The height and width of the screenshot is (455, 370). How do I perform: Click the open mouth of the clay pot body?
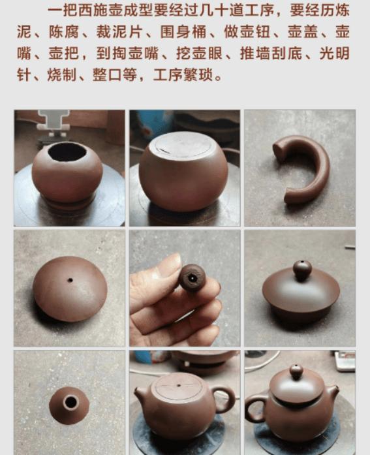[x=67, y=152]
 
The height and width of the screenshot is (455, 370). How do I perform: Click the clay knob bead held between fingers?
[x=192, y=277]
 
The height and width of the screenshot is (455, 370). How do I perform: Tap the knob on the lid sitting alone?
[x=301, y=269]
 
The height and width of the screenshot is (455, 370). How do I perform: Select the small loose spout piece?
[x=69, y=404]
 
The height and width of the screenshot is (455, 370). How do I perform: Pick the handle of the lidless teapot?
[x=225, y=399]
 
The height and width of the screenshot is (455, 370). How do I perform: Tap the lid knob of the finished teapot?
[x=296, y=372]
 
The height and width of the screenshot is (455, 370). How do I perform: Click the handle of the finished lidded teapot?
[x=254, y=407]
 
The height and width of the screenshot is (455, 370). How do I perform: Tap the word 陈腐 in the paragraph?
[x=61, y=32]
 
